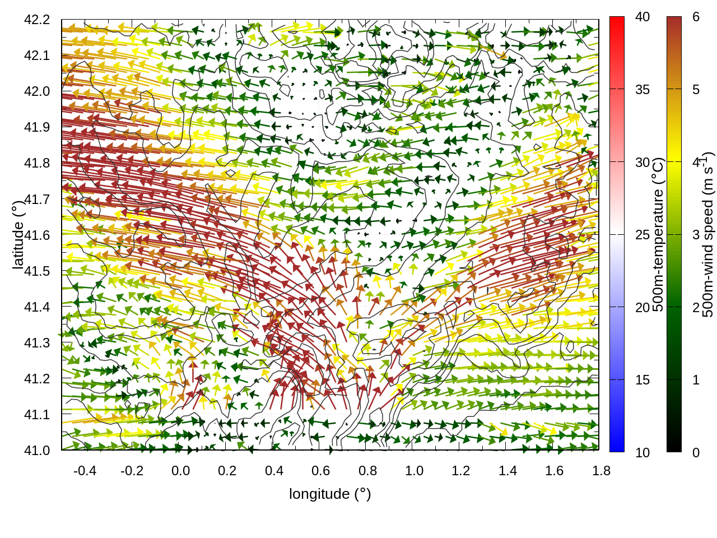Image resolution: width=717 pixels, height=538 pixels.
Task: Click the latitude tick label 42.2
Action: (x=37, y=20)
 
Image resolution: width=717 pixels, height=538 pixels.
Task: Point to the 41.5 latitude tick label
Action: (x=37, y=271)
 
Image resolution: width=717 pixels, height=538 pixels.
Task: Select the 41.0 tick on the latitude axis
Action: (x=37, y=451)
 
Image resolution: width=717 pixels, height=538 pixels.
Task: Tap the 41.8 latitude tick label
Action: (x=37, y=163)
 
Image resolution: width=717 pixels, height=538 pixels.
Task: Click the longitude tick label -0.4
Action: (x=85, y=471)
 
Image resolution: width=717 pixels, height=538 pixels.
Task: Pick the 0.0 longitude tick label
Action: (x=180, y=471)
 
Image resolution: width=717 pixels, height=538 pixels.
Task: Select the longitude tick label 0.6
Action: (x=320, y=471)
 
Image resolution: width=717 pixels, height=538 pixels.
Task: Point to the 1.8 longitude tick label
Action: (x=601, y=471)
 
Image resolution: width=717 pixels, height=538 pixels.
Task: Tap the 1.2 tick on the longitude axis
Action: (x=461, y=471)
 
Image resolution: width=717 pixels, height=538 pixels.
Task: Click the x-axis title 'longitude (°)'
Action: (x=330, y=494)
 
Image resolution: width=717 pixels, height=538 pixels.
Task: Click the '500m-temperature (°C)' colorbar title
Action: (x=658, y=234)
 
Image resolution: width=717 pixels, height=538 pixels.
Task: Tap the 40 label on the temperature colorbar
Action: (x=642, y=17)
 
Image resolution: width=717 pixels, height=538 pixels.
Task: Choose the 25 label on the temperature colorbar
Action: (x=642, y=235)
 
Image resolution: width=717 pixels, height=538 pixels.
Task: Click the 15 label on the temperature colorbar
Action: (x=642, y=380)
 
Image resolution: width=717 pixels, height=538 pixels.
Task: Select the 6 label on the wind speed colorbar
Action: (x=696, y=17)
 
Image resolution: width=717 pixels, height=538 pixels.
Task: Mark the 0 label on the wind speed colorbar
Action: (x=696, y=453)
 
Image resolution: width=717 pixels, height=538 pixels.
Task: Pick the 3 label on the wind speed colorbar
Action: (x=696, y=235)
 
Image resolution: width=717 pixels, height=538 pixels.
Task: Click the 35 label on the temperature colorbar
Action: (x=642, y=90)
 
